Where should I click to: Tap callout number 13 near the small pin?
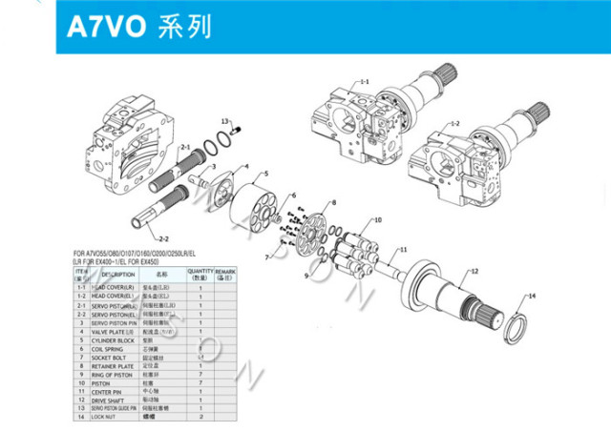tap(225, 122)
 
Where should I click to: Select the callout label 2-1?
tap(184, 147)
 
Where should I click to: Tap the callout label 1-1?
tap(364, 84)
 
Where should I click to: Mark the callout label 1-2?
tap(455, 123)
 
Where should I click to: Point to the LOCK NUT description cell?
tap(103, 417)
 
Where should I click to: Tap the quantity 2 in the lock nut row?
tap(200, 417)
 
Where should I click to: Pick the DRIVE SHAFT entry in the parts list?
tap(107, 400)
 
